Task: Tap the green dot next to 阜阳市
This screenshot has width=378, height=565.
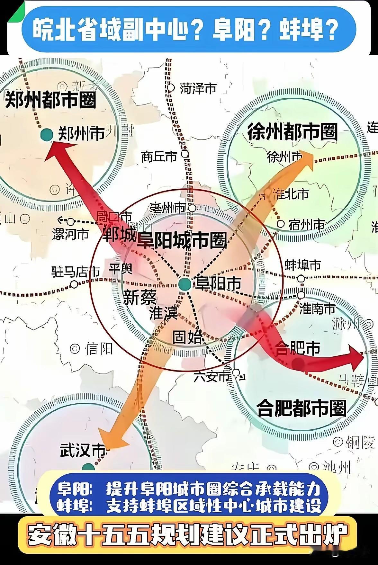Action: [x=185, y=284]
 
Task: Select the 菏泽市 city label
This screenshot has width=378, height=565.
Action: [x=198, y=88]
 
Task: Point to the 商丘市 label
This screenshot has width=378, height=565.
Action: [x=159, y=157]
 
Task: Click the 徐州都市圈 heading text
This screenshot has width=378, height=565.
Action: [x=292, y=132]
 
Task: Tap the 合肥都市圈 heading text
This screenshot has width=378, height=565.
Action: [x=301, y=408]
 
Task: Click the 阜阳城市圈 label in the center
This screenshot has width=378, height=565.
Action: [x=182, y=240]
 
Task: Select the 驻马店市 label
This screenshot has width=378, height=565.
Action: [x=76, y=272]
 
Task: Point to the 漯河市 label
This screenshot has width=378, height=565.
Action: [x=70, y=234]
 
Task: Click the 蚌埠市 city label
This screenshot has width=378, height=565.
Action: [x=303, y=265]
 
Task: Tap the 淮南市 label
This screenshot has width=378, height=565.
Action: [x=317, y=309]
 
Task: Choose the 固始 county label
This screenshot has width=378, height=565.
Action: [x=188, y=337]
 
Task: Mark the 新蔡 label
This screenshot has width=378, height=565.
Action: [x=140, y=297]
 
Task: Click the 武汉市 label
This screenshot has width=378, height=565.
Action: [x=83, y=450]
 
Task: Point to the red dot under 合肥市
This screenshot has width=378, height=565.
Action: [x=298, y=363]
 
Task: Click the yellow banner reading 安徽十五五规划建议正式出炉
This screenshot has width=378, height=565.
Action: [x=188, y=534]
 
